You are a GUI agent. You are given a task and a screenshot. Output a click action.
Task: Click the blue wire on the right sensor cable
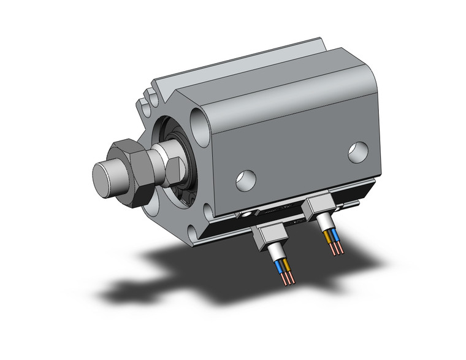[x=329, y=237]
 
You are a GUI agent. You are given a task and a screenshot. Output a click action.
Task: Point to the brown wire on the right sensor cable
[x=335, y=234]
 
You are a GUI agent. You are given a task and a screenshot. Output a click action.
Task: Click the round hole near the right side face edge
[x=358, y=152]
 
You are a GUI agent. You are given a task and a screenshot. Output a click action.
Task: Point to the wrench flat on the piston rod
[x=171, y=166]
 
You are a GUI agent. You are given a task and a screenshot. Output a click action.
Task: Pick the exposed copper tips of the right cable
[x=337, y=249]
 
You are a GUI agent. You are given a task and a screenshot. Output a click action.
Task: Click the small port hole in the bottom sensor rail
[x=246, y=216]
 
